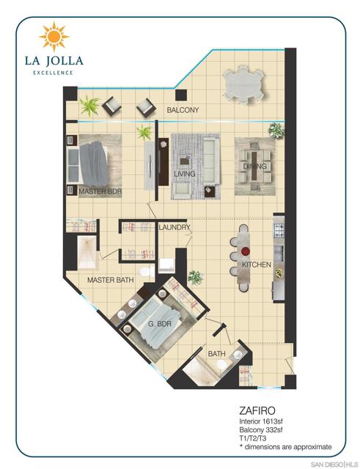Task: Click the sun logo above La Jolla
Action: (53, 36)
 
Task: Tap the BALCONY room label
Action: (183, 111)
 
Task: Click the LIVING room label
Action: (184, 174)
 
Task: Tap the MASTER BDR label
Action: (100, 191)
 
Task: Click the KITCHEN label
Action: (257, 264)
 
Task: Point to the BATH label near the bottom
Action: (216, 355)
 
